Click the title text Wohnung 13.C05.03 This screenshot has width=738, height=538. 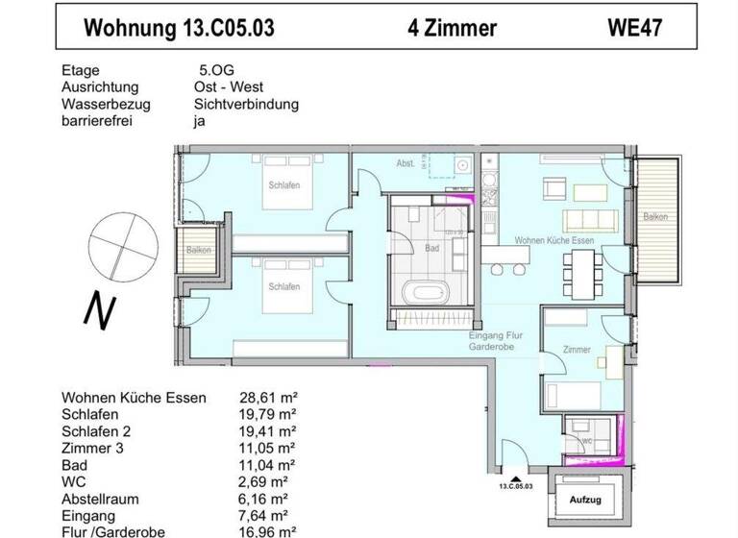(179, 28)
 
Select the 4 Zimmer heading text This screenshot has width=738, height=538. (452, 28)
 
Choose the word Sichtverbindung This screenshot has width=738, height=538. (246, 105)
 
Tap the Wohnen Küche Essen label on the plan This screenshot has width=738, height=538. (554, 239)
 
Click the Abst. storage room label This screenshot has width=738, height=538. (406, 164)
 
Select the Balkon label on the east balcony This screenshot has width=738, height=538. (656, 217)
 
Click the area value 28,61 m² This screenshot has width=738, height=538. (266, 398)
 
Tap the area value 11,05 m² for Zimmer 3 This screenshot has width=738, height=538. (266, 449)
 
